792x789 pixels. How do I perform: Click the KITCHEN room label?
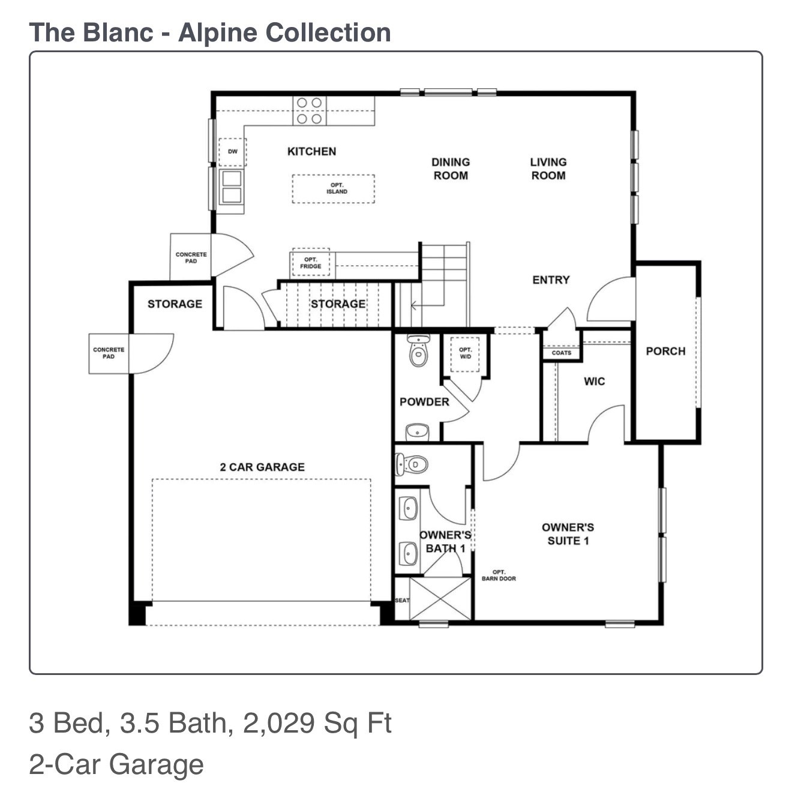(311, 151)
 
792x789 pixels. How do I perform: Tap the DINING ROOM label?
(451, 169)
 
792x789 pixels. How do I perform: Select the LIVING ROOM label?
(548, 169)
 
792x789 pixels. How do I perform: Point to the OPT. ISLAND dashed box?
(334, 188)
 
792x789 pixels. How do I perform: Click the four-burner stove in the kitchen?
(310, 110)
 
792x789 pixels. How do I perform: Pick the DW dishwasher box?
(232, 152)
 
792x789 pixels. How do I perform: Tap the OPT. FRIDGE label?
(311, 263)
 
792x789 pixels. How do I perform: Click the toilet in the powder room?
(418, 351)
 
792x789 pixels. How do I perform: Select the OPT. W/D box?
(465, 353)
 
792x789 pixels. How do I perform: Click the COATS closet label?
(562, 353)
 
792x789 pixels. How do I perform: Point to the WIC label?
(594, 381)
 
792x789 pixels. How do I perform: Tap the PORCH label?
(665, 351)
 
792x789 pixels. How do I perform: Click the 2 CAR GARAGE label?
(262, 467)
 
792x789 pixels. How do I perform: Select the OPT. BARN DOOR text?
(499, 575)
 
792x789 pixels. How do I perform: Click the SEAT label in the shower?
(401, 600)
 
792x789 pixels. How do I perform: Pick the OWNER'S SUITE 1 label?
(568, 534)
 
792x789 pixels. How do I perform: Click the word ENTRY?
(551, 280)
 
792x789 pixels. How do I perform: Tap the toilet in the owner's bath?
(412, 464)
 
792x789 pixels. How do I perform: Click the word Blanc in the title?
(118, 32)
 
